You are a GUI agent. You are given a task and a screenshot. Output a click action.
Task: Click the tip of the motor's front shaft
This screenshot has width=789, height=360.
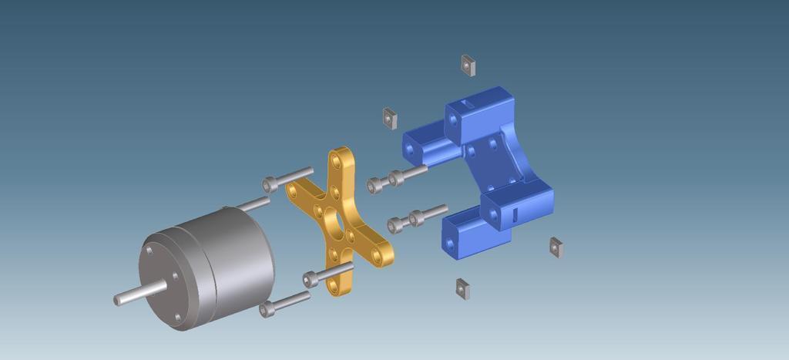(x=118, y=300)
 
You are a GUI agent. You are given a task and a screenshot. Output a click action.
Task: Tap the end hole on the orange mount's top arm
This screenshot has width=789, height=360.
(x=337, y=163)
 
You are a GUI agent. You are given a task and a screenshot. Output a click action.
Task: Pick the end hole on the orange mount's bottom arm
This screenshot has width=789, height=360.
(x=334, y=283)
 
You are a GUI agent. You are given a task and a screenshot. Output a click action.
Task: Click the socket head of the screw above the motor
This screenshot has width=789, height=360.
(x=269, y=184)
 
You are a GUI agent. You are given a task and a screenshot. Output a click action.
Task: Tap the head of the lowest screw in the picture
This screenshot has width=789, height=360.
(x=267, y=310)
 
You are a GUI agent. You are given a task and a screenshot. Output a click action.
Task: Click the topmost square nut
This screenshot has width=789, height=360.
(x=467, y=66)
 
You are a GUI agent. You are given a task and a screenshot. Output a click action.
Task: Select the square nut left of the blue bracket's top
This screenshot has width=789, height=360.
(x=390, y=118)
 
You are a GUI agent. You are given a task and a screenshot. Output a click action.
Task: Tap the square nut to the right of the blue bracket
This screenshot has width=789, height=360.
(x=556, y=247)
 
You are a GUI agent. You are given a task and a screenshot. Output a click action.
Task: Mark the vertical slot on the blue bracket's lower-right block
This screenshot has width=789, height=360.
(x=513, y=214)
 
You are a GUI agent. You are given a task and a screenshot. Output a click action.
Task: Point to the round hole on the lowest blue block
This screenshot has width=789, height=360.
(x=451, y=244)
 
